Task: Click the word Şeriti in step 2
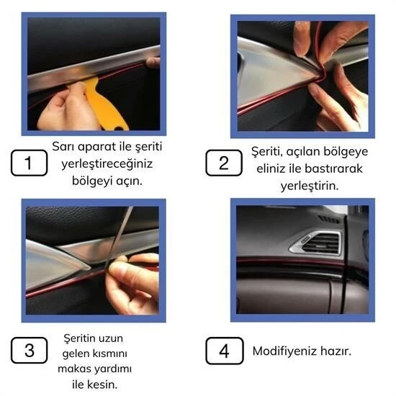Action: tap(267, 151)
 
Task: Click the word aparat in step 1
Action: tap(102, 146)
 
